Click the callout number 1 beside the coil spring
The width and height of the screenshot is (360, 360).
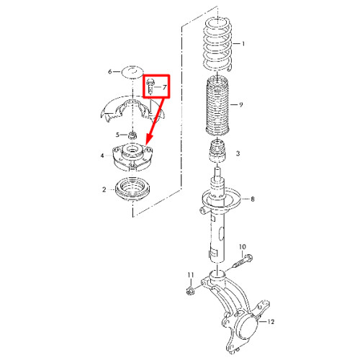point(243,44)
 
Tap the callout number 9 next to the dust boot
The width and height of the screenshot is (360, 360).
point(240,104)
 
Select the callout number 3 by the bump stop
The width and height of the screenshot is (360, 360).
point(238,153)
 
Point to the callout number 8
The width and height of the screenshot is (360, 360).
point(253,199)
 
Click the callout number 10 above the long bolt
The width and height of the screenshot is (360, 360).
point(243,247)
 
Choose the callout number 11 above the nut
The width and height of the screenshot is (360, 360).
point(191,275)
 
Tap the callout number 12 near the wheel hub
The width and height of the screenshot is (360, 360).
point(271,322)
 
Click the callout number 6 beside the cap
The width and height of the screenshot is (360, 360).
point(110,71)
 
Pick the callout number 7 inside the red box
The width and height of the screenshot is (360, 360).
point(164,87)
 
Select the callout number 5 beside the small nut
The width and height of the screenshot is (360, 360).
point(117,135)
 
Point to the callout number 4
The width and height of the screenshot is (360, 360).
point(102,156)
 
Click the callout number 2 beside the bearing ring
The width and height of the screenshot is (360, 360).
point(104,189)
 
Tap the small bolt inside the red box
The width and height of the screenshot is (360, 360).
point(150,86)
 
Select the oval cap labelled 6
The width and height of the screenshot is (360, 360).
point(132,71)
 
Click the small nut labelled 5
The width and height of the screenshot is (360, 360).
point(132,135)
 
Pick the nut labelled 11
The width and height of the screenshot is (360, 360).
point(190,290)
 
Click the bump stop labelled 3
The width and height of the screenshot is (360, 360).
point(217,152)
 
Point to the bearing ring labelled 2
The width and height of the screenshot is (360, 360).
point(132,190)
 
